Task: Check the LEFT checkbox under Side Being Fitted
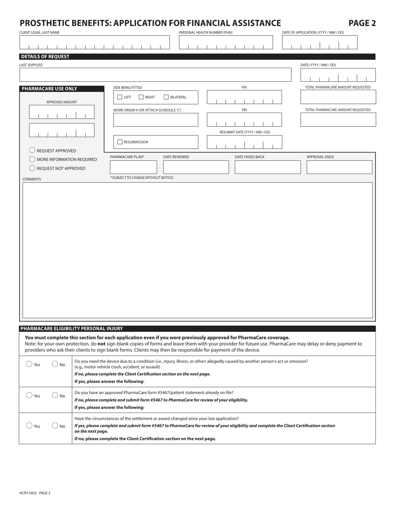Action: (120, 97)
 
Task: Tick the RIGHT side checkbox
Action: (141, 97)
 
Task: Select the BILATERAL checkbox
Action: (166, 97)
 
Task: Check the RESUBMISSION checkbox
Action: (120, 142)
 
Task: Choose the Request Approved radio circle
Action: (32, 150)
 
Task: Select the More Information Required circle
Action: (32, 159)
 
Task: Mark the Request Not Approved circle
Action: (32, 168)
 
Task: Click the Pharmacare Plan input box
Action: (133, 167)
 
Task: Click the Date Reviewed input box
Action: (196, 167)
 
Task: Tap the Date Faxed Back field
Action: (267, 167)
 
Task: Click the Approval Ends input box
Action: (339, 167)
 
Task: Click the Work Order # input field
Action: (156, 120)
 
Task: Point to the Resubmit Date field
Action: (244, 142)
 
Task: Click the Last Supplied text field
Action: (156, 75)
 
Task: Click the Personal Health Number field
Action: (226, 43)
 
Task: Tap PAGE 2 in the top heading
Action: (362, 23)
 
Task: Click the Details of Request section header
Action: (45, 57)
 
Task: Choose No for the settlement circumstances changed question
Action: (55, 425)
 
